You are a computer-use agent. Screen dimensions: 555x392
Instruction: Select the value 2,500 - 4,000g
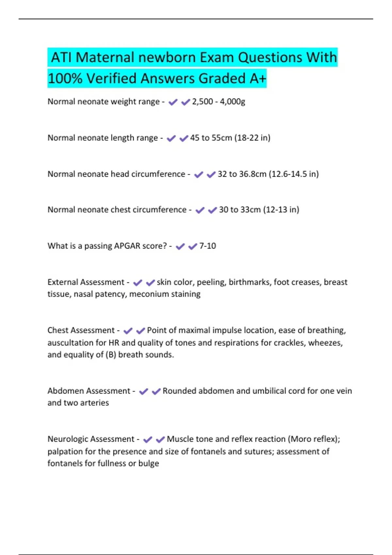pyautogui.click(x=219, y=102)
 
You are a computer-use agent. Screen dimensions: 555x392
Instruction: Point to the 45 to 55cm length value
pyautogui.click(x=211, y=138)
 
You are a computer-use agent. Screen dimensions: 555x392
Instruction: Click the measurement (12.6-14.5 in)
pyautogui.click(x=294, y=174)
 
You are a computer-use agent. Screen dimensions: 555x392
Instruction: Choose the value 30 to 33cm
pyautogui.click(x=240, y=210)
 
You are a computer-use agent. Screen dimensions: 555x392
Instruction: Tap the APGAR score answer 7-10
pyautogui.click(x=208, y=246)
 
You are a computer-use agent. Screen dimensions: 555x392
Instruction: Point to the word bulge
pyautogui.click(x=149, y=463)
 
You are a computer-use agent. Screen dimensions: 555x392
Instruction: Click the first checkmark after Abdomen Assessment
pyautogui.click(x=144, y=391)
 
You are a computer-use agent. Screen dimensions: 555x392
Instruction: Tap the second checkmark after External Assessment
pyautogui.click(x=150, y=282)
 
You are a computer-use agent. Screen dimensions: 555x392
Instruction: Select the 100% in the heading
pyautogui.click(x=65, y=78)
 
